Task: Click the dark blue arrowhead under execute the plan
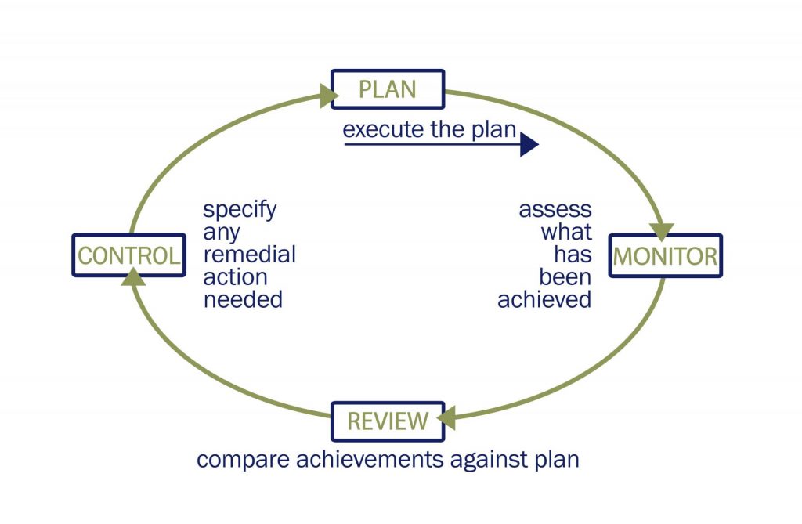(529, 144)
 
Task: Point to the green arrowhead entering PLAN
(329, 96)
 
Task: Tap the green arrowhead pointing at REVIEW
(446, 418)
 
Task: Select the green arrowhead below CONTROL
(133, 276)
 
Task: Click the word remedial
(250, 255)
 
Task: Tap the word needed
(243, 299)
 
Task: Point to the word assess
(555, 210)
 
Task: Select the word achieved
(544, 299)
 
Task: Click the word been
(565, 276)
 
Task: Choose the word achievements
(370, 459)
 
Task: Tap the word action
(235, 276)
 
